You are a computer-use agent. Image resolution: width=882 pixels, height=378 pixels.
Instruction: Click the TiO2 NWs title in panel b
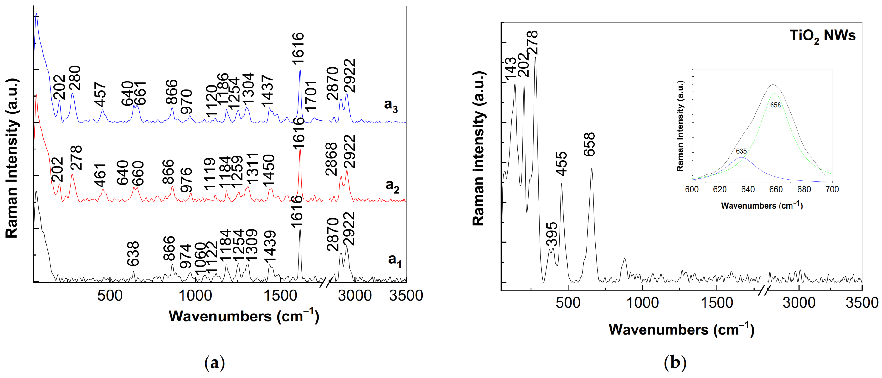[x=822, y=36]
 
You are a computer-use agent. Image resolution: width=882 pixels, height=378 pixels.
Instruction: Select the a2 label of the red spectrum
[x=392, y=186]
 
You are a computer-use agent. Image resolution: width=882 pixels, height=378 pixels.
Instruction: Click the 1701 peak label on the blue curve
[x=311, y=96]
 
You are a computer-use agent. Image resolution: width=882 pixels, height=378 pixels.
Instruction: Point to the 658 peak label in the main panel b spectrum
[x=590, y=145]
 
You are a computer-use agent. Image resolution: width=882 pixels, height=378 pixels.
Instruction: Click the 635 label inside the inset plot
[x=741, y=151]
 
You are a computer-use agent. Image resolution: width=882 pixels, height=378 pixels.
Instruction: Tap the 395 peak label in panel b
[x=552, y=234]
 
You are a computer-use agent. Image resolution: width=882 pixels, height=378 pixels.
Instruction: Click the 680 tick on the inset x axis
[x=804, y=190]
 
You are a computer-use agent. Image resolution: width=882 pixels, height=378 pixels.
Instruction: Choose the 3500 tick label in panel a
[x=406, y=296]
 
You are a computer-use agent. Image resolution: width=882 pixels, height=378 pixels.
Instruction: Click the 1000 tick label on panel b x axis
[x=642, y=303]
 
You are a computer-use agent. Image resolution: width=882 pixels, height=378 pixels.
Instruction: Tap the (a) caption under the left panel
[x=215, y=362]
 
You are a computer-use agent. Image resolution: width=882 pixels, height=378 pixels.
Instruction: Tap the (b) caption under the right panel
[x=675, y=362]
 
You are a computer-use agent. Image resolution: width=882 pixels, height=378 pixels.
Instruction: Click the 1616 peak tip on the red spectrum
[x=300, y=149]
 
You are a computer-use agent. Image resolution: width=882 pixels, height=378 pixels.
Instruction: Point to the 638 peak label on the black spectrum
[x=133, y=254]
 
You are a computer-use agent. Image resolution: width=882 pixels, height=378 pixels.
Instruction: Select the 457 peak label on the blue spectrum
[x=100, y=94]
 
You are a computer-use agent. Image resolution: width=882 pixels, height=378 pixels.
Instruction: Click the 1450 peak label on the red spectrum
[x=269, y=171]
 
